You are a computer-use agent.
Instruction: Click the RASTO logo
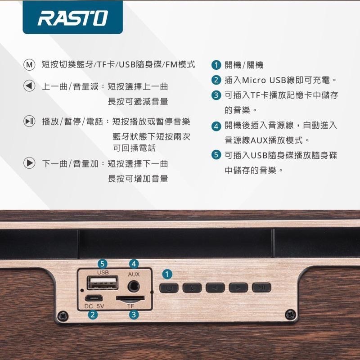[72, 18]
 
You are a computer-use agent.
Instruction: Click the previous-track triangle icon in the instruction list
[29, 86]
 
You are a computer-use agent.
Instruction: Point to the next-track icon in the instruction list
[29, 163]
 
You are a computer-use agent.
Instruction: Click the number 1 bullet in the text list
[216, 65]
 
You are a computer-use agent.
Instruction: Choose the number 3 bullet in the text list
[216, 95]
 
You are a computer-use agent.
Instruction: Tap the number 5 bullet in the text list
[216, 155]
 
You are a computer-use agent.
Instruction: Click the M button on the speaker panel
[192, 288]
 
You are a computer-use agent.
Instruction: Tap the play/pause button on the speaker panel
[261, 288]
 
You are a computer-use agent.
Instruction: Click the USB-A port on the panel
[102, 283]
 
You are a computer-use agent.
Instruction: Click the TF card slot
[130, 298]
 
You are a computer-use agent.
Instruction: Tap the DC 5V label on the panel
[94, 306]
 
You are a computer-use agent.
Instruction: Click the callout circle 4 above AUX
[133, 263]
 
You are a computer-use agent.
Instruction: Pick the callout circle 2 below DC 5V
[92, 315]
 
